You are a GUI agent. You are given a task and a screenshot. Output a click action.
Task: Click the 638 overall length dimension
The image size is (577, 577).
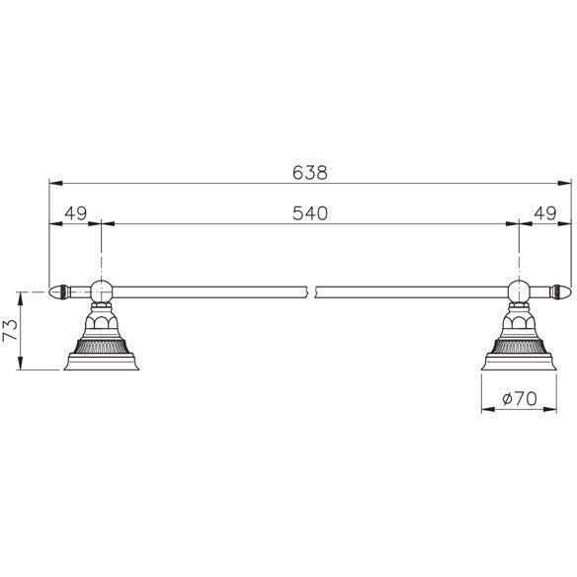click(310, 173)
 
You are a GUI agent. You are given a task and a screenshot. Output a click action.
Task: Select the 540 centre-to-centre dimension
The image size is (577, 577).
click(310, 213)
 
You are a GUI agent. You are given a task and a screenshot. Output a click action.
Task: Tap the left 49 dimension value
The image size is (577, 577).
click(75, 213)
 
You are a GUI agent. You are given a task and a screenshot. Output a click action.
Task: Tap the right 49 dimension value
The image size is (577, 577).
click(545, 213)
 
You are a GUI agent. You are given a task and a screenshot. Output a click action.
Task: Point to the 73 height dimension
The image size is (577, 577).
click(10, 330)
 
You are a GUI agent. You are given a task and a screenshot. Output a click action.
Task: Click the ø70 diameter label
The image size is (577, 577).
click(520, 398)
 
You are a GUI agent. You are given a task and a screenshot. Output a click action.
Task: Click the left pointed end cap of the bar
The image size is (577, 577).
click(59, 292)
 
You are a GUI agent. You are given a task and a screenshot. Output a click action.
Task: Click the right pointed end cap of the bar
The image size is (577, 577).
click(561, 292)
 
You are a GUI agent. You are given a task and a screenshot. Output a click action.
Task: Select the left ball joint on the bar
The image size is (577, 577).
click(101, 291)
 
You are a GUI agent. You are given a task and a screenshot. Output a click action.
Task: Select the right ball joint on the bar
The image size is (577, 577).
click(519, 291)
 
